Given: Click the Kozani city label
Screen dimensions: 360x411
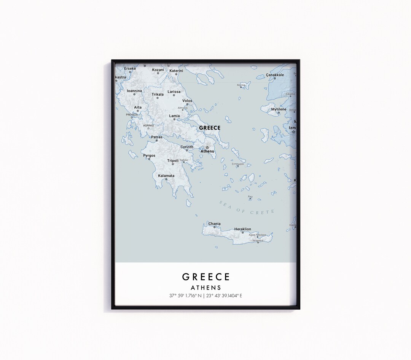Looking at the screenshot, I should tap(158, 70).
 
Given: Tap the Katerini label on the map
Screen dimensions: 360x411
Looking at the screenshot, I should tap(176, 70).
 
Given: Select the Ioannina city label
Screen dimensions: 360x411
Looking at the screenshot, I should tap(134, 91).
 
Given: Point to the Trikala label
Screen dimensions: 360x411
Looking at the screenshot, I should tap(158, 94).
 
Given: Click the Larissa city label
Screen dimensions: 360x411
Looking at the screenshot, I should tap(174, 92).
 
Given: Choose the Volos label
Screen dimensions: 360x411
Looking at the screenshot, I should tap(187, 101).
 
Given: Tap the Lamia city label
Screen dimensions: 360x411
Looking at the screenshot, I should tap(174, 116).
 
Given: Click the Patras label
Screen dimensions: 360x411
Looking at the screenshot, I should tap(156, 137).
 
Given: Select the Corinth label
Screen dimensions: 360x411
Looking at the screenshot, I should tap(187, 147).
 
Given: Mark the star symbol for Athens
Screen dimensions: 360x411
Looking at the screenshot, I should tap(207, 147).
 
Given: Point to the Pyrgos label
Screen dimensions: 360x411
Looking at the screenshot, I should tap(149, 155).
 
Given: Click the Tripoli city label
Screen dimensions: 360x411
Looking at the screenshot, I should tap(173, 160).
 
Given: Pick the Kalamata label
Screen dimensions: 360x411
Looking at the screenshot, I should tap(166, 176).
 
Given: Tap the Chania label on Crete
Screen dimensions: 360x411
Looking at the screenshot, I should tap(214, 224).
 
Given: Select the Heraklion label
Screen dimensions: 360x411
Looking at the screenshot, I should tap(242, 229).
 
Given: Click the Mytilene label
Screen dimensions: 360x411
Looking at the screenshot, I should tap(279, 109).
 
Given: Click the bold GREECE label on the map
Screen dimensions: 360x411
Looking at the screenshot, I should tap(210, 128).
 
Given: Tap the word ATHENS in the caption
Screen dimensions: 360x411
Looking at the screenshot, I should tap(205, 288).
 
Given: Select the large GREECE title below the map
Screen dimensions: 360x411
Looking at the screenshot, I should tap(205, 277).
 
